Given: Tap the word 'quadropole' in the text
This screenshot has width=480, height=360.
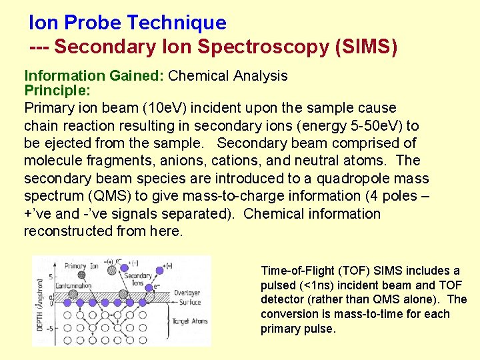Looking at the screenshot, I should (x=350, y=179).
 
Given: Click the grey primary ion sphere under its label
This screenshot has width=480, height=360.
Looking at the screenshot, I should (x=81, y=275).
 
